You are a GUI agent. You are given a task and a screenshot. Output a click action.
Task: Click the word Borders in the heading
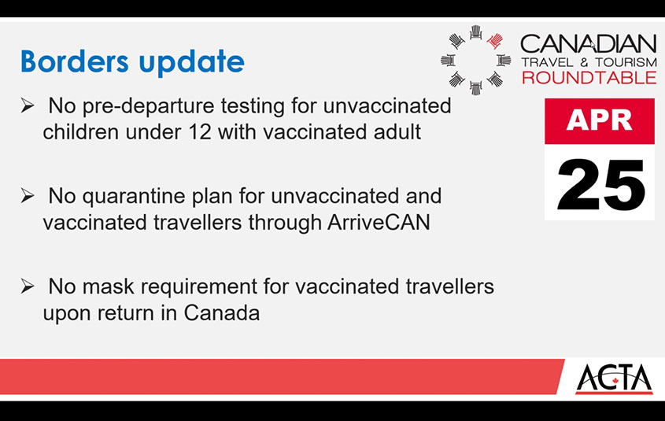coord(75,61)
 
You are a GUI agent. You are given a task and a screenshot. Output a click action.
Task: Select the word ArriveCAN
coord(379,223)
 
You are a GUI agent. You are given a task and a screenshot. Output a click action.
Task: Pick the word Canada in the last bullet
coord(222,313)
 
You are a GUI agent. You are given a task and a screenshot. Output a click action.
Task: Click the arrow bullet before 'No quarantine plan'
coord(27,196)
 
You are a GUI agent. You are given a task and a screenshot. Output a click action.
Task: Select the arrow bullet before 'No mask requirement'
coord(27,286)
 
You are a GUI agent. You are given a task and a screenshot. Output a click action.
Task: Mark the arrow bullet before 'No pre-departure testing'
coord(27,105)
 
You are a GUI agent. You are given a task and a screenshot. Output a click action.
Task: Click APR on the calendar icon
coord(599,120)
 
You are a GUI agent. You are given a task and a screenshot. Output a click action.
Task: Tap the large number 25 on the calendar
coord(601,185)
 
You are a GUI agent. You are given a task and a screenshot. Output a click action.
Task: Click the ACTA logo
coord(614,379)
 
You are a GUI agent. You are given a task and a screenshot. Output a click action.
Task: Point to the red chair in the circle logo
coord(494,41)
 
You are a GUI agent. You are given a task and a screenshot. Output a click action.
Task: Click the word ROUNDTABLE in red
coord(589,78)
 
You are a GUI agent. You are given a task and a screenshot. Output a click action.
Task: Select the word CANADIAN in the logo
coord(588,44)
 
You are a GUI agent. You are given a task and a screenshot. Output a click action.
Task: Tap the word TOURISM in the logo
coord(626,62)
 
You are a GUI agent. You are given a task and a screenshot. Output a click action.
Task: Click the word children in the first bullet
coord(80,132)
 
